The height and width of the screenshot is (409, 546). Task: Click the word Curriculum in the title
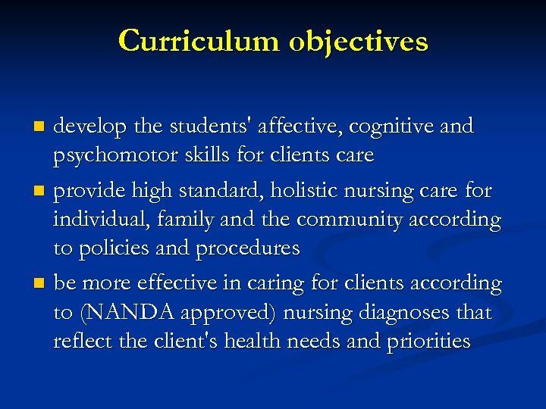point(199,40)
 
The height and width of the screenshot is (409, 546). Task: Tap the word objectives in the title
point(358,42)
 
